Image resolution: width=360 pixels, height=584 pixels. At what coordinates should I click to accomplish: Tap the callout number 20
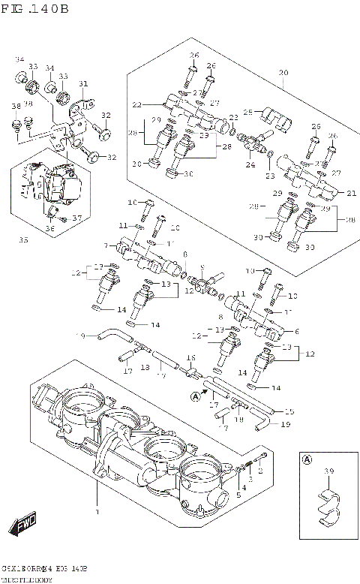(283, 73)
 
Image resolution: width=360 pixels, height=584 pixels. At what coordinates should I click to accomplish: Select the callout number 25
(247, 113)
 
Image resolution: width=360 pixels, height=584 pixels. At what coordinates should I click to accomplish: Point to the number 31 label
(83, 83)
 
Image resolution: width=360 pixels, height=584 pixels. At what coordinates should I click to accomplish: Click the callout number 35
(23, 241)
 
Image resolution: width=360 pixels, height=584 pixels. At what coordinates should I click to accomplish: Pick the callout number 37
(76, 218)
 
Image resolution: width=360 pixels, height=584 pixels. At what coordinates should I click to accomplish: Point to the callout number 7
(106, 245)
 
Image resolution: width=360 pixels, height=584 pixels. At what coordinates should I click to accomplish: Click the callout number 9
(202, 268)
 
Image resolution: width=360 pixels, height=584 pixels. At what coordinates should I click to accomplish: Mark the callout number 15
(289, 412)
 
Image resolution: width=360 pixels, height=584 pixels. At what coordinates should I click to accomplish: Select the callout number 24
(250, 165)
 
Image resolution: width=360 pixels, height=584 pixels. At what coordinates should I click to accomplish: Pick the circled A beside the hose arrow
(196, 396)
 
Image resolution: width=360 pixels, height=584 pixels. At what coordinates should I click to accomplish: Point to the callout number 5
(238, 495)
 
